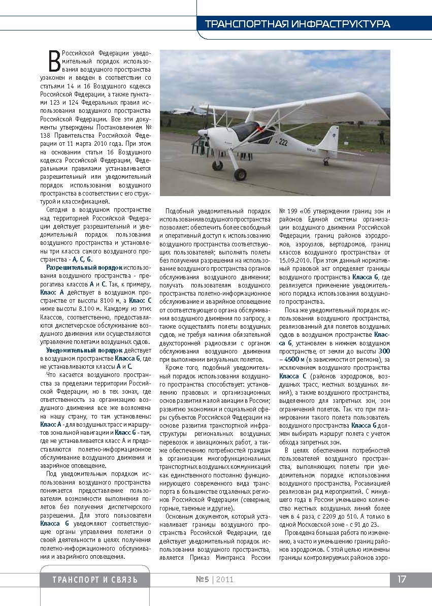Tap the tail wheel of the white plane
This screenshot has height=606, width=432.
click(x=325, y=162)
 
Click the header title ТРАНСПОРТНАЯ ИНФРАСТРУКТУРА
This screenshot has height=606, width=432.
click(x=297, y=24)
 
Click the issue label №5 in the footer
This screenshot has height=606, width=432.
click(x=202, y=580)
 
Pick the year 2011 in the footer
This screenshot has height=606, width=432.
click(x=224, y=580)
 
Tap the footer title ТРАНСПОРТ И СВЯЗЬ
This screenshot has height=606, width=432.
click(x=95, y=580)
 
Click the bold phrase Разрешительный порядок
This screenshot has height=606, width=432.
click(x=84, y=267)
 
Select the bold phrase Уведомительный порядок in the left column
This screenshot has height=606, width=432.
click(x=84, y=350)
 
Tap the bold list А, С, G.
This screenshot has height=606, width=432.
click(x=82, y=259)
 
